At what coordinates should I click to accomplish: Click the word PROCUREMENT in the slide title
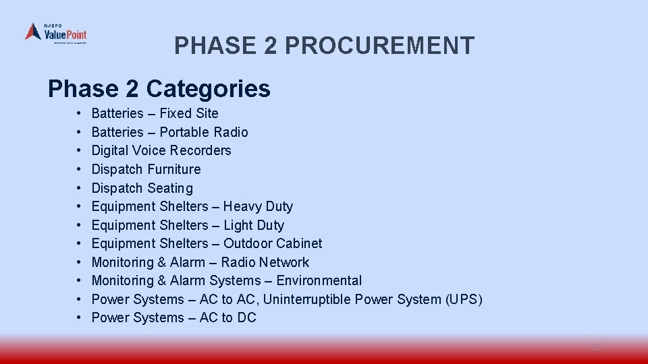coord(379,46)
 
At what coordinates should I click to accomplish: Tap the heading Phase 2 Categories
coord(159,88)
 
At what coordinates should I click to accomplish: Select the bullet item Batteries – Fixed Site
coord(155,113)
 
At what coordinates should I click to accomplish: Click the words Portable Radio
coord(203,132)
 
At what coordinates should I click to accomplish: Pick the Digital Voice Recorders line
coord(161,150)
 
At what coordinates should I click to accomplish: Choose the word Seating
coord(170,188)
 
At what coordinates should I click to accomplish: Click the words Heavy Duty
coord(258,206)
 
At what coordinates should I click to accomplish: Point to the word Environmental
coord(319,280)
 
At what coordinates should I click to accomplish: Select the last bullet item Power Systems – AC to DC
coord(173,317)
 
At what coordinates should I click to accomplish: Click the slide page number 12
coord(595,348)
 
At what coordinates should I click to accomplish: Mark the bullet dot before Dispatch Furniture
coord(79,169)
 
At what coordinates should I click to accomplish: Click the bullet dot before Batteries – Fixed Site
coord(79,113)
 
